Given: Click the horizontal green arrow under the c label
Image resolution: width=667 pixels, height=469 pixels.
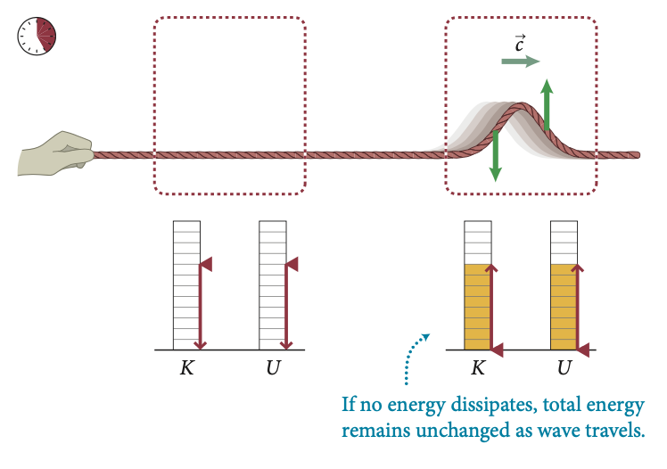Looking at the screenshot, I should (x=520, y=62).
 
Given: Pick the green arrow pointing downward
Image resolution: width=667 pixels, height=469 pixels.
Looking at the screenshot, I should (x=495, y=156).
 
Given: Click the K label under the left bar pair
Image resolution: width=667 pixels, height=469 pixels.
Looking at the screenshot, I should (x=186, y=367).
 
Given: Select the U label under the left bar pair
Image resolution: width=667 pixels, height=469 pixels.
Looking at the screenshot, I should (x=272, y=367).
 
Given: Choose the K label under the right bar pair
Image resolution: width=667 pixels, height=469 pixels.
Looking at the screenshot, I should (x=478, y=367).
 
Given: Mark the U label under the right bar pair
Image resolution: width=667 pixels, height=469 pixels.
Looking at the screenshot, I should (x=564, y=367).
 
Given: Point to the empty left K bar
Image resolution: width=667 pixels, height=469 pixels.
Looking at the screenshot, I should (x=185, y=285).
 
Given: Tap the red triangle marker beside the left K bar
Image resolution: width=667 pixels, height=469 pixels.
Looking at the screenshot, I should (x=206, y=264).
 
